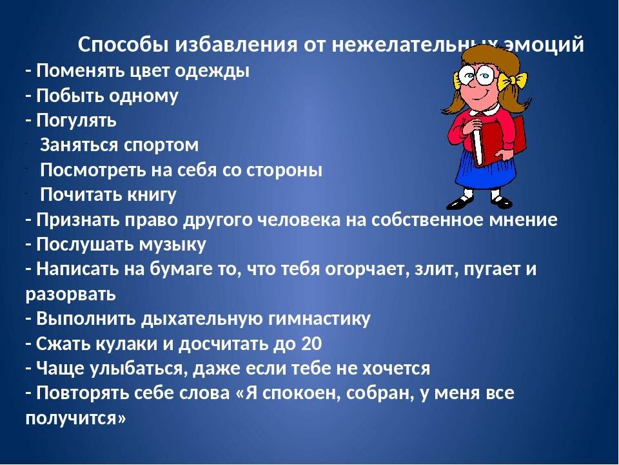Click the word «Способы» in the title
pos(122,45)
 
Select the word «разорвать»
pos(71,294)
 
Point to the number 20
pos(311,344)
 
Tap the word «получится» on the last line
pos(74,418)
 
